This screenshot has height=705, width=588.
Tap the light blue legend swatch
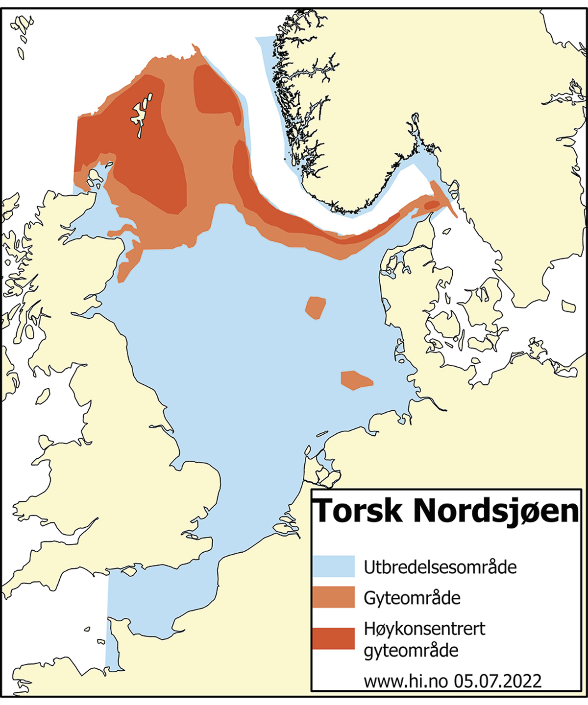click(x=333, y=566)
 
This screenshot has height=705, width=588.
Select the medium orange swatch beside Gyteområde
click(x=333, y=597)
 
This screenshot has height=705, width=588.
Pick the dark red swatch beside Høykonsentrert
click(x=333, y=638)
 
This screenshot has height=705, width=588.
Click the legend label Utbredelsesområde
click(x=440, y=567)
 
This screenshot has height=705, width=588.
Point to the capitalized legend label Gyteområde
click(x=412, y=598)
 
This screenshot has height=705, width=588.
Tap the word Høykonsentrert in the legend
click(x=424, y=629)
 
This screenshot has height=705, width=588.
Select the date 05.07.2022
click(x=497, y=681)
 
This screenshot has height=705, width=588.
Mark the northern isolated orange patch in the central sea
click(x=316, y=307)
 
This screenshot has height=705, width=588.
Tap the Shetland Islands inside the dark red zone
click(x=140, y=115)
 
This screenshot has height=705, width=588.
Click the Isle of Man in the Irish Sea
click(x=43, y=396)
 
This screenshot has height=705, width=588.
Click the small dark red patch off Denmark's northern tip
click(x=432, y=205)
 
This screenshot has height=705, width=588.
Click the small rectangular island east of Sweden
click(x=568, y=306)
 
